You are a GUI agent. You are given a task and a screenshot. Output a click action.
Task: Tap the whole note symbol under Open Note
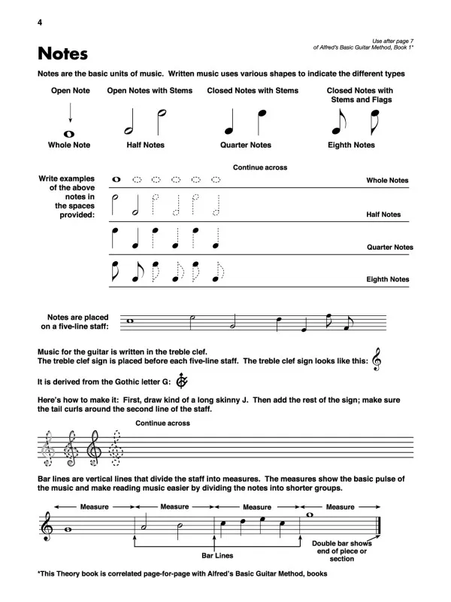point(69,133)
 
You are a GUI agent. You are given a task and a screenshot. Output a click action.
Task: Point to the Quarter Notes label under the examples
point(245,145)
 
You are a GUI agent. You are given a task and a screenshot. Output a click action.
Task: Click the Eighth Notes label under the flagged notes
point(353,145)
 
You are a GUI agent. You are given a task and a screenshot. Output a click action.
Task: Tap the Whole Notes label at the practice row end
point(387,181)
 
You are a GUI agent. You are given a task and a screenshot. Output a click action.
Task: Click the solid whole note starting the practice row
point(117,180)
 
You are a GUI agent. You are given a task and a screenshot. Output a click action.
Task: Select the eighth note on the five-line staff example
point(329,321)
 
